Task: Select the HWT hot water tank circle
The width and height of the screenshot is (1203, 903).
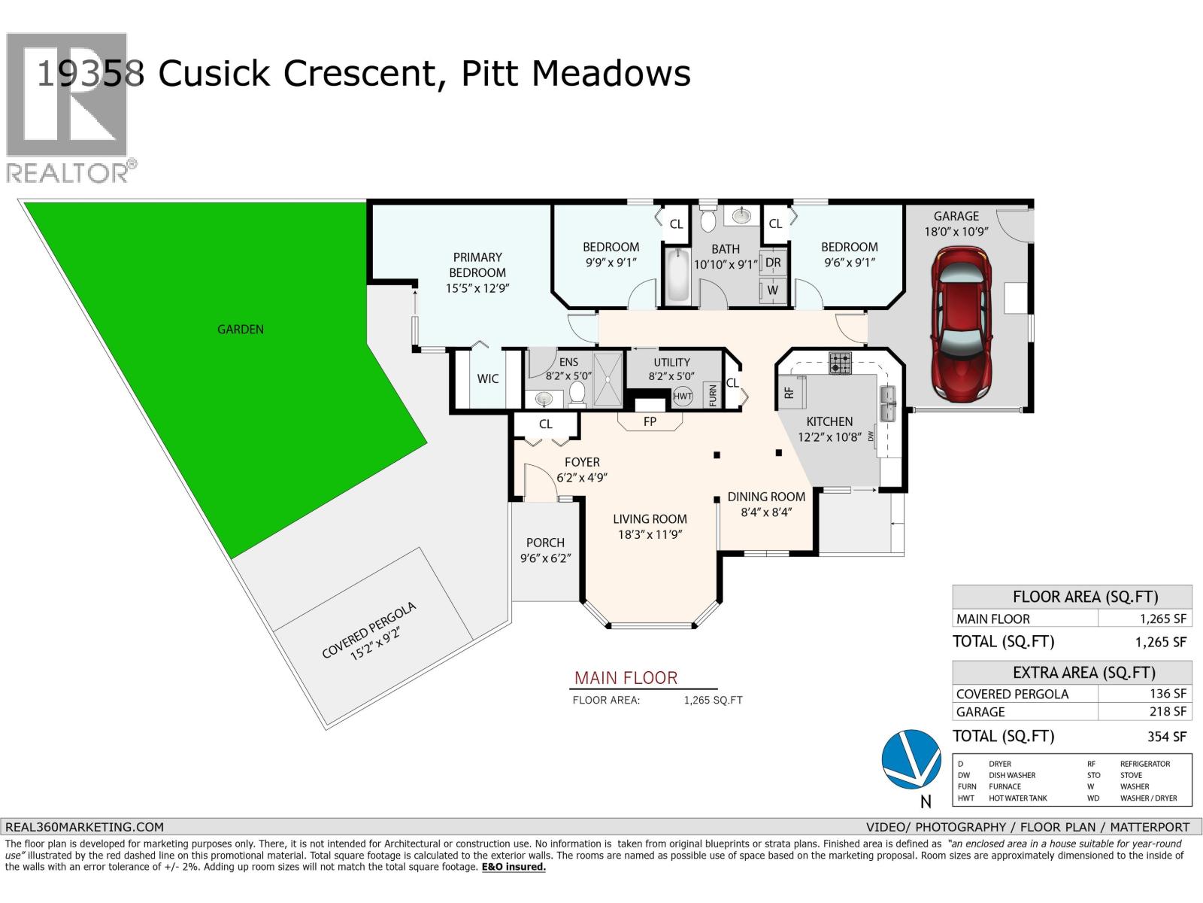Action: point(683,396)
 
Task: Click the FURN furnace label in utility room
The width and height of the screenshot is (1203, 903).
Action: point(712,395)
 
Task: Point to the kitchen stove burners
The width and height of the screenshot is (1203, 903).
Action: point(841,363)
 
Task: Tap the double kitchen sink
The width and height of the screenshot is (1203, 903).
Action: point(889,403)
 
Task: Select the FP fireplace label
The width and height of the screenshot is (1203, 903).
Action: point(650,422)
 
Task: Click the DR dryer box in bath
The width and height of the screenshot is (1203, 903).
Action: point(773,263)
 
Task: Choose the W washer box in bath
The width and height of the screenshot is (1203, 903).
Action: point(773,290)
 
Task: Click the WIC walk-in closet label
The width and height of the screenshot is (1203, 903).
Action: point(487,379)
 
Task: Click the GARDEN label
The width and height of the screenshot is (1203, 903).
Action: point(241,329)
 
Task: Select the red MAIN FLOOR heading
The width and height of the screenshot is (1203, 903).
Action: point(626,677)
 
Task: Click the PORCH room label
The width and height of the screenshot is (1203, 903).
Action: point(545,543)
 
